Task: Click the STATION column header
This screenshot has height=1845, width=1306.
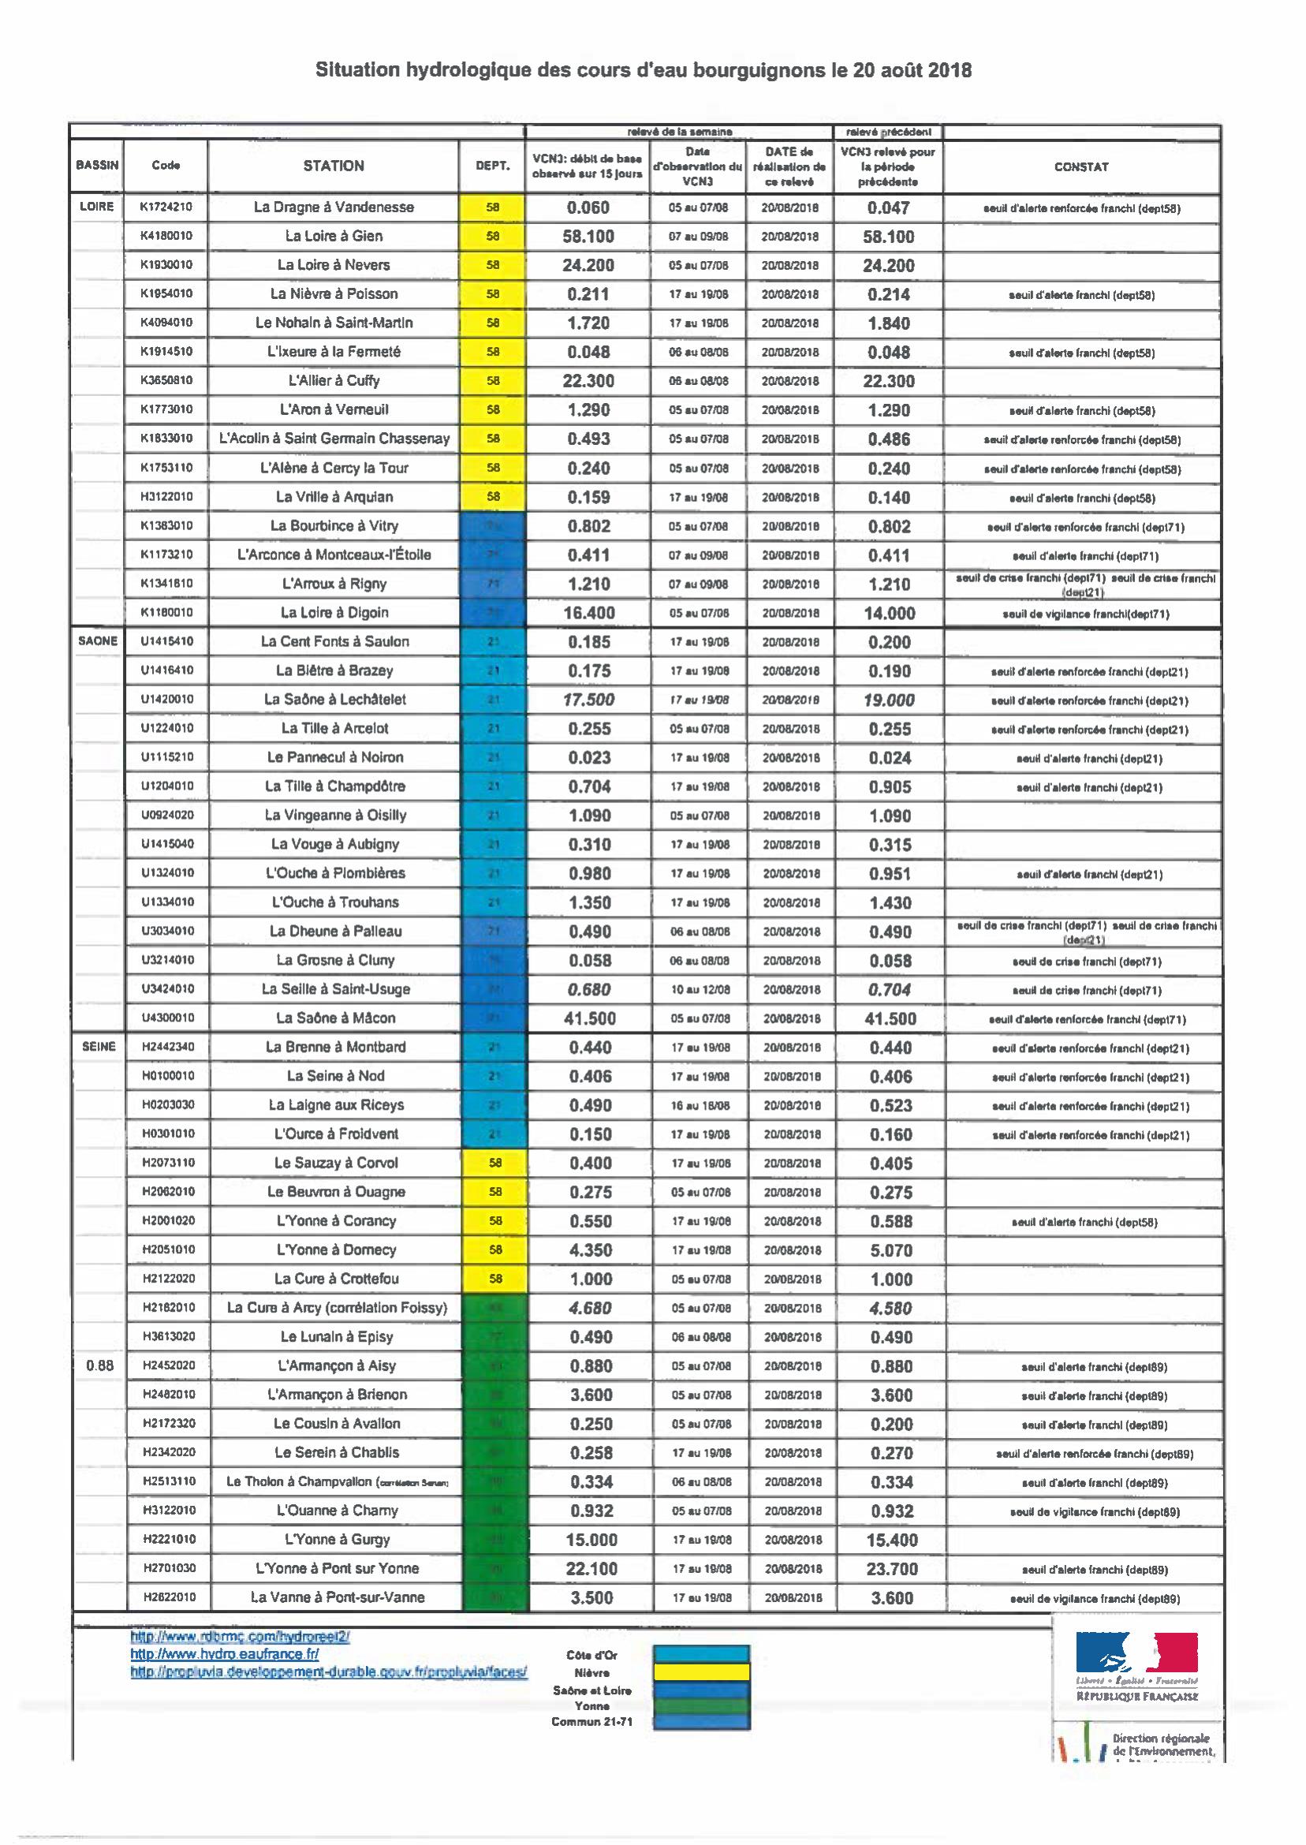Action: click(x=333, y=166)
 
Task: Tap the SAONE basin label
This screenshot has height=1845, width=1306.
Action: click(x=97, y=641)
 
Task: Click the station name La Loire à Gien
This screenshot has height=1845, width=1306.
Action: click(x=334, y=236)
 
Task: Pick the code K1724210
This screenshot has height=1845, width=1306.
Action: click(x=166, y=207)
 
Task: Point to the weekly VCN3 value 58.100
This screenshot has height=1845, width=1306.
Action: click(x=588, y=237)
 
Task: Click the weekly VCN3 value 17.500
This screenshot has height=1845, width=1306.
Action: click(x=588, y=700)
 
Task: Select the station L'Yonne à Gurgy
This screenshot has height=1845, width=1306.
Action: click(x=337, y=1540)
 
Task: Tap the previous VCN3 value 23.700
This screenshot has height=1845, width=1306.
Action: click(x=891, y=1568)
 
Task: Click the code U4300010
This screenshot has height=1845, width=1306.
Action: click(x=166, y=1018)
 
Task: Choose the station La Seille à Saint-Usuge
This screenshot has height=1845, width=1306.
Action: click(x=335, y=989)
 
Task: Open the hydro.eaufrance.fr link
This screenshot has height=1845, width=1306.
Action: click(x=224, y=1653)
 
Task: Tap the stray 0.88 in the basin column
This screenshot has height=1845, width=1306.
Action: click(x=99, y=1365)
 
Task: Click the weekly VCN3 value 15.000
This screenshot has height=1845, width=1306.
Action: click(x=591, y=1540)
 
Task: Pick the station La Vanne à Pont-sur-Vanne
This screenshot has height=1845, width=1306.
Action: click(x=337, y=1597)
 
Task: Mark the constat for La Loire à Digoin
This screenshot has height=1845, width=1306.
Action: click(x=1085, y=614)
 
